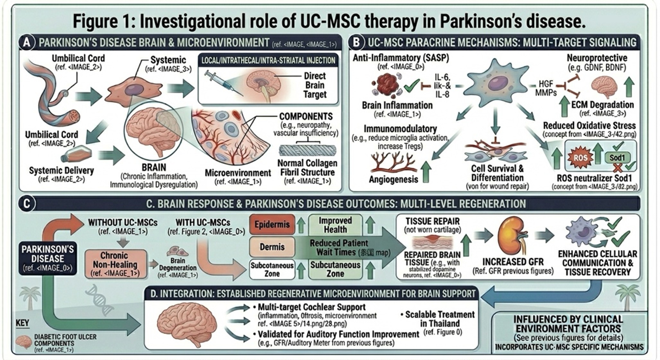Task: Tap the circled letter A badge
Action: click(x=27, y=43)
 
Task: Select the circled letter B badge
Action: click(x=357, y=43)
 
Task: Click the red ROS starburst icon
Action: click(x=580, y=158)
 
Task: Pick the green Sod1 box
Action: click(x=617, y=158)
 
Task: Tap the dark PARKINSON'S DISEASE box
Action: click(x=48, y=258)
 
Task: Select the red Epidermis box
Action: click(x=272, y=224)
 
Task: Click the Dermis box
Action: click(x=272, y=247)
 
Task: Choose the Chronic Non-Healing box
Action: click(x=114, y=264)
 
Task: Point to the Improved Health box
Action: click(x=335, y=225)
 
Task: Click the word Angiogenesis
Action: click(x=393, y=179)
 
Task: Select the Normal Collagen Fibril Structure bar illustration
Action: click(x=307, y=150)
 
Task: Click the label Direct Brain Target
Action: click(x=315, y=85)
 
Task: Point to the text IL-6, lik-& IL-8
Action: click(x=443, y=85)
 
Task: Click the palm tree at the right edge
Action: click(x=627, y=297)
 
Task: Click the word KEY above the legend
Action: click(x=22, y=322)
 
